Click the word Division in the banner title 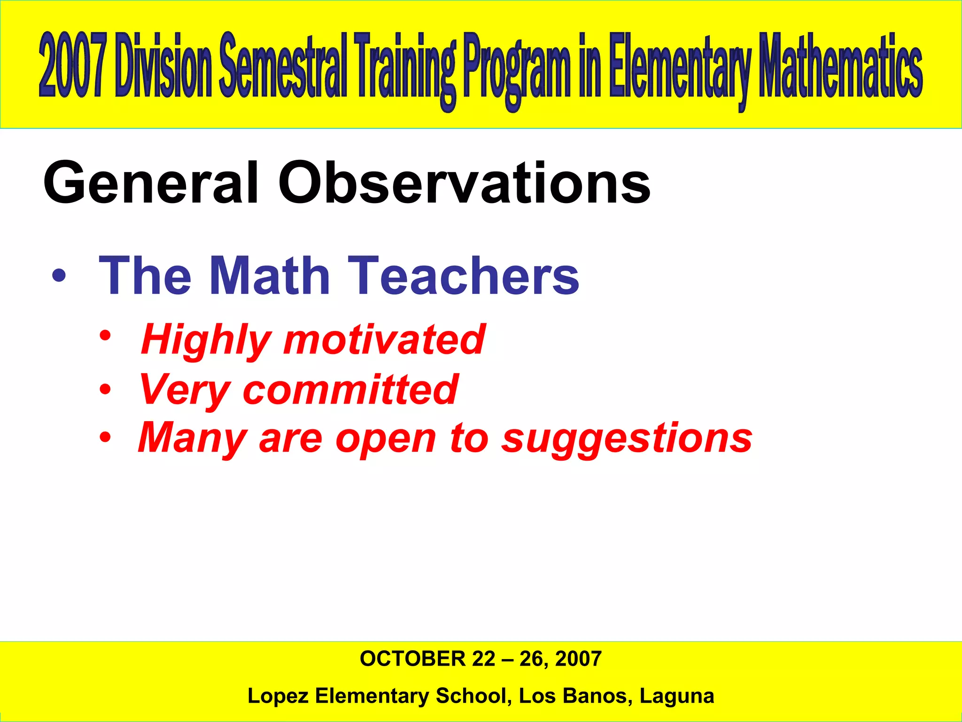coord(163,66)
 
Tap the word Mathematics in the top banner coord(841,66)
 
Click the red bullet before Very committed coord(105,390)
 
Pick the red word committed coord(350,389)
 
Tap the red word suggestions coord(627,439)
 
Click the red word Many coord(193,439)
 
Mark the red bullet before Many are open coord(105,438)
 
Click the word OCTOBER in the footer coord(412,659)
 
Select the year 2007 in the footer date coord(578,659)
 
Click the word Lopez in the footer coord(278,696)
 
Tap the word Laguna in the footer coord(676,696)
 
